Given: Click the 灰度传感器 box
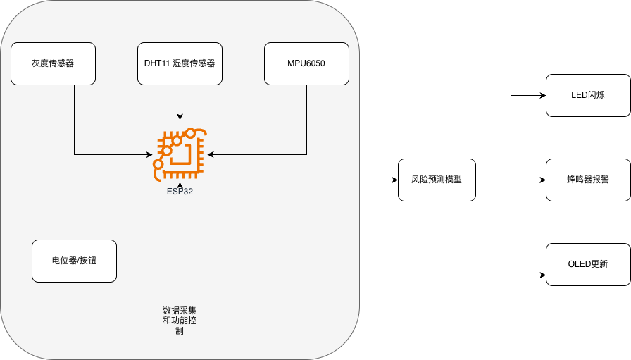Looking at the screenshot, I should click(53, 63).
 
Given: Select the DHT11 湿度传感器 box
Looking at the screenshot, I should click(180, 63).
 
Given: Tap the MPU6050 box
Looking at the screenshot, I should click(306, 63).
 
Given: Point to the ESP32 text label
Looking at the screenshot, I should click(180, 191).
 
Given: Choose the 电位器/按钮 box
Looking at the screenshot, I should click(74, 261).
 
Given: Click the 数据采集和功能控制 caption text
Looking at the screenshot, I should click(180, 320).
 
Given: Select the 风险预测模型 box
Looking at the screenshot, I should click(437, 180).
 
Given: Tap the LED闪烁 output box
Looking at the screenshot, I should click(588, 95).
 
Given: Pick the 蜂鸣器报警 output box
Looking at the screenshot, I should click(588, 180).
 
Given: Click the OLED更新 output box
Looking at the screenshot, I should click(588, 264).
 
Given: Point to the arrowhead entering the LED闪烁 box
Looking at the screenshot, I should click(542, 95).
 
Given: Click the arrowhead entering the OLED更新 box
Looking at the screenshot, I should click(542, 274).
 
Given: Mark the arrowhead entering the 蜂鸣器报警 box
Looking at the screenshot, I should click(542, 180).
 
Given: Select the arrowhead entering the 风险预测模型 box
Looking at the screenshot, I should click(394, 180).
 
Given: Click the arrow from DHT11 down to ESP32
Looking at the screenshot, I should click(180, 102).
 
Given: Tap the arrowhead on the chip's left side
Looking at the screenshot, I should click(149, 154).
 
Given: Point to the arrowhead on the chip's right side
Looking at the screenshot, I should click(211, 154).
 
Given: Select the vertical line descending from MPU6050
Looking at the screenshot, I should click(306, 120).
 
